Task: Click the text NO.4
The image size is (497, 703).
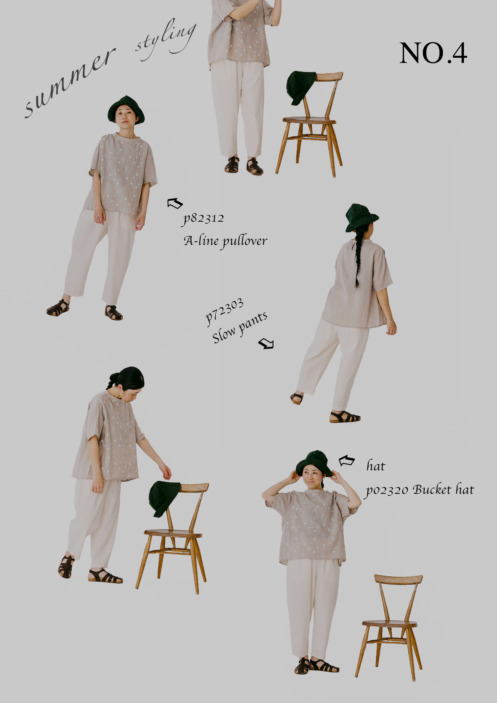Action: [x=433, y=53]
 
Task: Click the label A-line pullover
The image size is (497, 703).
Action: [x=225, y=241]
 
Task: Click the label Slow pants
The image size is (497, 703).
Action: [x=239, y=327]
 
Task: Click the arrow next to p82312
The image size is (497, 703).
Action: [x=175, y=203]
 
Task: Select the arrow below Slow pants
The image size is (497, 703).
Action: [x=266, y=343]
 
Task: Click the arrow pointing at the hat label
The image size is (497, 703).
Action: [x=347, y=461]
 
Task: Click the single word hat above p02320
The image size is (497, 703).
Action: [x=376, y=466]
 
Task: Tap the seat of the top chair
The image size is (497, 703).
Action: [x=309, y=120]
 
